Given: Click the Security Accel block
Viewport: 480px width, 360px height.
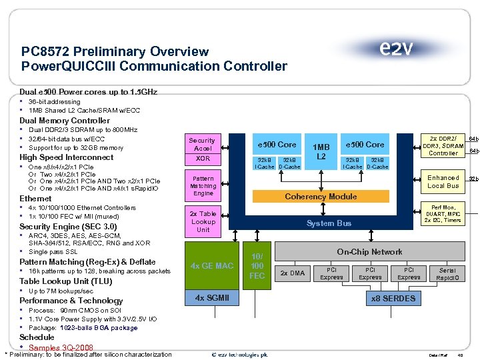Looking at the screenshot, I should [202, 145].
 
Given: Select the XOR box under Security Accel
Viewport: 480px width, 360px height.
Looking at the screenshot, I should [202, 159].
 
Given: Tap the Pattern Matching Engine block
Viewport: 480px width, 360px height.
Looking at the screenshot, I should [203, 186].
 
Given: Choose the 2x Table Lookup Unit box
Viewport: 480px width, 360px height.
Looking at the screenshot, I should [203, 221].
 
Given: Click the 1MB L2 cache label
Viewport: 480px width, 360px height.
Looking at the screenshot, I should [321, 151].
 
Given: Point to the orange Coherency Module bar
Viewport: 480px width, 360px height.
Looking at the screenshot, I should [321, 197].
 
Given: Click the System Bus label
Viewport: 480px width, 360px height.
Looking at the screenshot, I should [329, 223].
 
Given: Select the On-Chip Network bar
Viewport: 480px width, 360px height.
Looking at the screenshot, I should [369, 251].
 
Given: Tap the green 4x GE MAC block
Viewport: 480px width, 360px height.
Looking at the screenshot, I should [212, 266].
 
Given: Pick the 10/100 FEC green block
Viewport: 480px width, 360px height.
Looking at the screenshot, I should [257, 265].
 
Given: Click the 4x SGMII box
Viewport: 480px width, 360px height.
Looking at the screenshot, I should [212, 297].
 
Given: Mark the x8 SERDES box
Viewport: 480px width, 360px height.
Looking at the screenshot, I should [393, 298].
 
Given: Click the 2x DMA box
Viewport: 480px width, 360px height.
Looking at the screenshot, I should [292, 273].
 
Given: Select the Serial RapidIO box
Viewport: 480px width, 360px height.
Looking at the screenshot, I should [447, 273].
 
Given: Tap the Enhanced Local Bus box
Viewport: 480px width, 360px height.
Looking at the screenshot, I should [443, 181].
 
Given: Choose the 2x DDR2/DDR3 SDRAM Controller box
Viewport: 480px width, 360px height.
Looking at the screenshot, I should [443, 145].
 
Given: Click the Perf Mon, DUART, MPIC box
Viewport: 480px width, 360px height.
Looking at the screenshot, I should [443, 214].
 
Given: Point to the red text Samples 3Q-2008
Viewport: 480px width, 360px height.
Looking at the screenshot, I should [61, 347].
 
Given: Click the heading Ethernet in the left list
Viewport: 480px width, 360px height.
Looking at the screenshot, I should [35, 199].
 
